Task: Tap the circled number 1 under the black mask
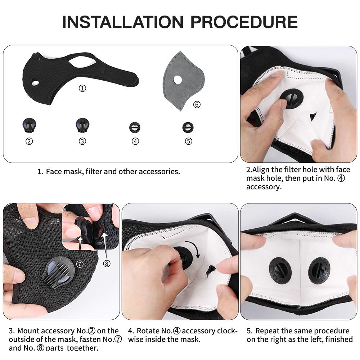pos(82,88)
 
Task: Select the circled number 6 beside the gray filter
pos(196,104)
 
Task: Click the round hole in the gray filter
pos(177,79)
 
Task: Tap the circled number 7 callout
pos(80,264)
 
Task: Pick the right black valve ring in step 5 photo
pos(319,270)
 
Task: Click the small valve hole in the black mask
pos(35,83)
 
